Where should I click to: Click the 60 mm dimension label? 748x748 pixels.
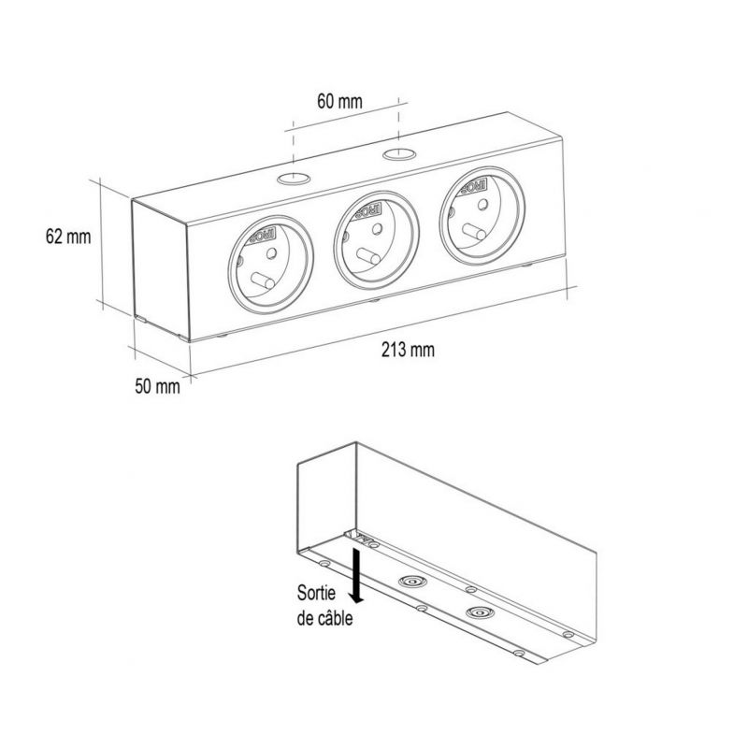click(339, 102)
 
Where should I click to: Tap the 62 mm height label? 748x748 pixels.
click(68, 237)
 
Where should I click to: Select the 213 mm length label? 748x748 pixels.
click(408, 350)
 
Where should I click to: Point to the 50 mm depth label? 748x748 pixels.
click(157, 386)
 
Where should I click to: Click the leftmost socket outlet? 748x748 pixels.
click(271, 265)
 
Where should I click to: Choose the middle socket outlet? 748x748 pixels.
click(377, 240)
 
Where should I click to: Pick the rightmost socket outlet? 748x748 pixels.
click(482, 216)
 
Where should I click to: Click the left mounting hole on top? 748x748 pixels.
click(294, 180)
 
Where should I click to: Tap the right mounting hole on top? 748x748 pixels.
click(399, 154)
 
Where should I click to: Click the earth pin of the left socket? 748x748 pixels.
click(263, 281)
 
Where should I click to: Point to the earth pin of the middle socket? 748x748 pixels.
click(368, 256)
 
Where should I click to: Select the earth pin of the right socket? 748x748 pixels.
click(474, 232)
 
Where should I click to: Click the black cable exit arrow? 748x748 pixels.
click(356, 575)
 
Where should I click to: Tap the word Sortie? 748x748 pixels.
click(316, 593)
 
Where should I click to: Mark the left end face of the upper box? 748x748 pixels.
click(160, 269)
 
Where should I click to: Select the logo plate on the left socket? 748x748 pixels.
click(261, 237)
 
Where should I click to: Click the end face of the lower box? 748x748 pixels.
click(327, 496)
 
